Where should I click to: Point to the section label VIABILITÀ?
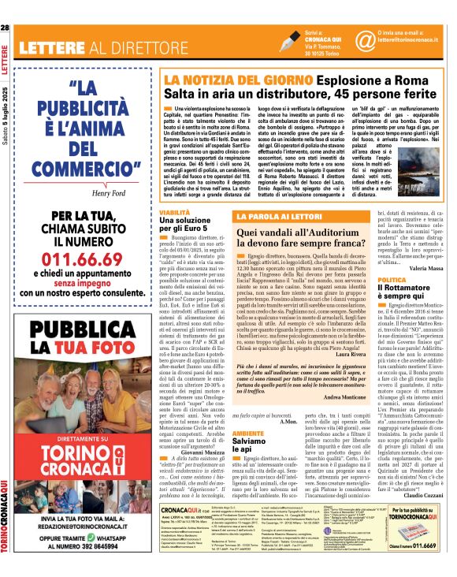[x=175, y=213]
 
